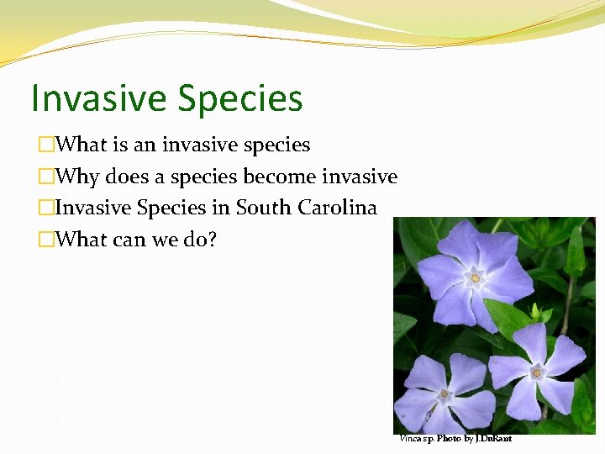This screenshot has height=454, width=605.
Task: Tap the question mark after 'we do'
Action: coord(212,240)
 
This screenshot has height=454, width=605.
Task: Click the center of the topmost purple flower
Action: coord(476,277)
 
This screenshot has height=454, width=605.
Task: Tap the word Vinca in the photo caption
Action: coord(411,439)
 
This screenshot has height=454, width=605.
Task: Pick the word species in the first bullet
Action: coord(276,145)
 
